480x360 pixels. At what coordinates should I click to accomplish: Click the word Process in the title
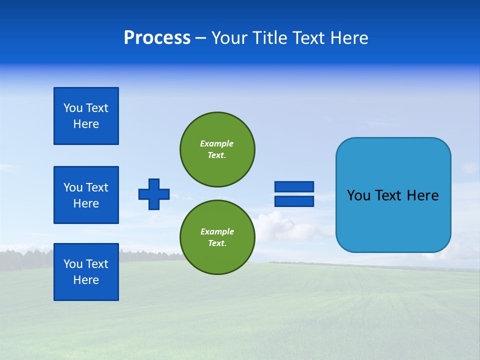coord(157,38)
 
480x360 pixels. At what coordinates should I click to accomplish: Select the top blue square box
coord(86,116)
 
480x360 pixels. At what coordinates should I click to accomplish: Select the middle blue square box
coord(86,195)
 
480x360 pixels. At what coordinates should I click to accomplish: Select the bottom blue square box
coord(86,272)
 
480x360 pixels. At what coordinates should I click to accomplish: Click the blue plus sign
coord(154,194)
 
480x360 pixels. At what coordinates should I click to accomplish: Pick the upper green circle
coord(217,149)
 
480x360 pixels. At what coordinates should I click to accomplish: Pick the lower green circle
coord(217,237)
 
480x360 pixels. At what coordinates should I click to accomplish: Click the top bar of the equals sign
coord(294,186)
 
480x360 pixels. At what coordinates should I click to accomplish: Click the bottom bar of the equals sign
coord(294,201)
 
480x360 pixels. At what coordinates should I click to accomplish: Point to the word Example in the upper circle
coord(216,143)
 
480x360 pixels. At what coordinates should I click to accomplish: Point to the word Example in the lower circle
coord(217,231)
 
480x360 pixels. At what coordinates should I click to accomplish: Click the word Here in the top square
coord(86,124)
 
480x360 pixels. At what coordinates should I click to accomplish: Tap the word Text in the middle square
coord(97,187)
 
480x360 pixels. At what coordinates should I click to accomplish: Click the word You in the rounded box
coord(358,195)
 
